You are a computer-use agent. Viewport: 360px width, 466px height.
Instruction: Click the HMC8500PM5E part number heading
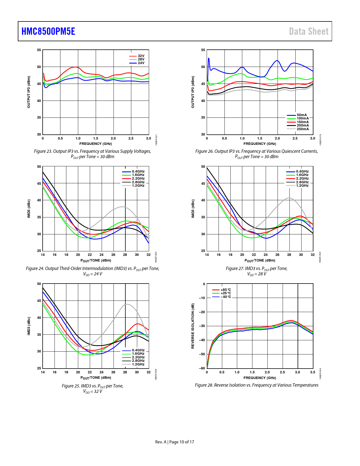click(x=48, y=31)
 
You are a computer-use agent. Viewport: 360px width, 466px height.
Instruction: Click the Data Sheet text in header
click(x=309, y=31)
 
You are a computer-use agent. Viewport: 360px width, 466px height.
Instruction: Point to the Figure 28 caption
click(x=256, y=385)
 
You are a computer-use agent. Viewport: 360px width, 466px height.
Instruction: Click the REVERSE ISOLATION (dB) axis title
click(x=193, y=326)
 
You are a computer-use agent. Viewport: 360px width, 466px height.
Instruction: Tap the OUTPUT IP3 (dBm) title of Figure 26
click(x=193, y=92)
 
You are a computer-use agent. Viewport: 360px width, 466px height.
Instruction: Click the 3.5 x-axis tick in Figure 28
click(x=313, y=372)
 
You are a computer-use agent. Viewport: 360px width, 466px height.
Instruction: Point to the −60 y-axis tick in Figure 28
click(x=202, y=368)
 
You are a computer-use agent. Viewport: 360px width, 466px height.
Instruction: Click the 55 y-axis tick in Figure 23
click(x=39, y=50)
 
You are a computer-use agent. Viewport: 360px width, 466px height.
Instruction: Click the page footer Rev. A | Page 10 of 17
click(x=174, y=442)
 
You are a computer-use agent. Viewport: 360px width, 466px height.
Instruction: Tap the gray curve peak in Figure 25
click(x=127, y=304)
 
